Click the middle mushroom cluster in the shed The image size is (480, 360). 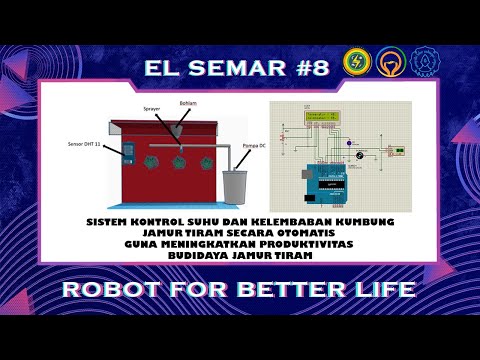coord(181,158)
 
